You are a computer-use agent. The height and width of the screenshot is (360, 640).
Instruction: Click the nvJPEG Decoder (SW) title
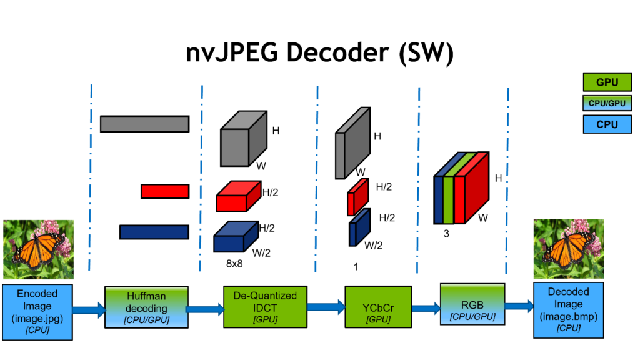point(319,54)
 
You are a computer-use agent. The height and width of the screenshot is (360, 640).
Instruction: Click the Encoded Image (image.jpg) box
point(37,311)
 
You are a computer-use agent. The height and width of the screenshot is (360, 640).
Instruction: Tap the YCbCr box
point(378,307)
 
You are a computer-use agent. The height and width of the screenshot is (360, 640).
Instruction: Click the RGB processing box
point(473,304)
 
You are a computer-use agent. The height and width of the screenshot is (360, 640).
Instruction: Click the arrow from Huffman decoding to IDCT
point(204,308)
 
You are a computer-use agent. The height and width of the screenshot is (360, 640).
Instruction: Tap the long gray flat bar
point(144,124)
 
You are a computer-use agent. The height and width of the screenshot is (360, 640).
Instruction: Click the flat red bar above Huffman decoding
point(165,191)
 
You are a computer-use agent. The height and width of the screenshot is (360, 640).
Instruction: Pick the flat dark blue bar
point(154,232)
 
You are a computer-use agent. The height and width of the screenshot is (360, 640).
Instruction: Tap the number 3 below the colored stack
point(446,234)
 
